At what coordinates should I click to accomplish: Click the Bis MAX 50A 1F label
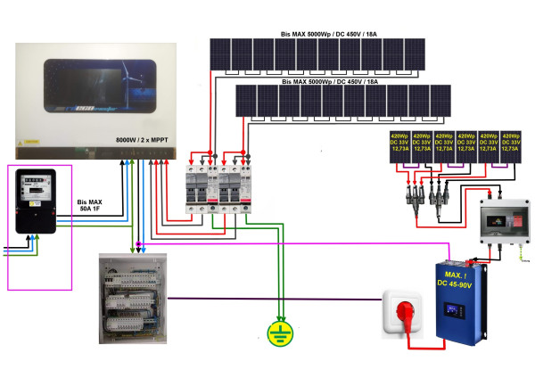click(89, 207)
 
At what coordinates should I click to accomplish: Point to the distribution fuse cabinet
click(134, 299)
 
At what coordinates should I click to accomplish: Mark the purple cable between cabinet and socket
click(267, 299)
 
